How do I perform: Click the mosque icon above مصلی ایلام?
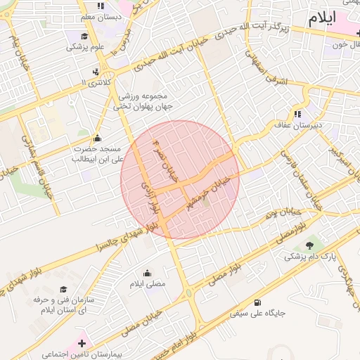[x=148, y=273]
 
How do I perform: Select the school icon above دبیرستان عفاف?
[x=298, y=114]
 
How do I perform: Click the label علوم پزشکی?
[x=85, y=47]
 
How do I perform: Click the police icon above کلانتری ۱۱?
[x=96, y=71]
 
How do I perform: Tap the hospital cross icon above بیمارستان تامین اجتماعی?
[x=82, y=343]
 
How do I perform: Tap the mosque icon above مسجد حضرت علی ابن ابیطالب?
[x=96, y=138]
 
